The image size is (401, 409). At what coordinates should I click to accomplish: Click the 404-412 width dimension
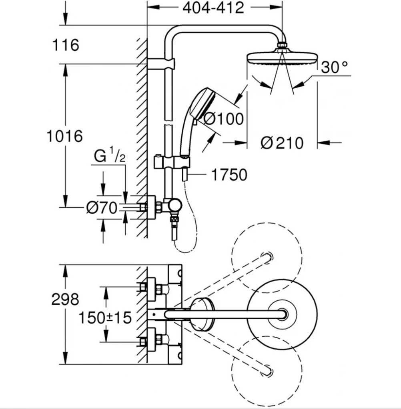pos(213,8)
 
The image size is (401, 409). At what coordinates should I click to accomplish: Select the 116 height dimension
pos(66,45)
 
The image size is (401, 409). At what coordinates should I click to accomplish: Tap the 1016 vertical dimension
pos(64,136)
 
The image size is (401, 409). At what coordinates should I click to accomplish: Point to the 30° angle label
pos(334,67)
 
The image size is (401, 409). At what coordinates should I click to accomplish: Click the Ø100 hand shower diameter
pos(223,119)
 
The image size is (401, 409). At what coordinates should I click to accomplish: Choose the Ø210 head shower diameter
pos(282,143)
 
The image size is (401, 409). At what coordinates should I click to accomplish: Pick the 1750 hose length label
pos(229,175)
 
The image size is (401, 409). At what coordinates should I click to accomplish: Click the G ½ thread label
pos(110,155)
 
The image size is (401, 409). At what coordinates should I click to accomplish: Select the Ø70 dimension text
pos(102,208)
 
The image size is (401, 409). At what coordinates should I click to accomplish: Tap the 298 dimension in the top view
pos(65,299)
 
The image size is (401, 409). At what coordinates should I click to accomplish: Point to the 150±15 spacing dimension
pos(105,318)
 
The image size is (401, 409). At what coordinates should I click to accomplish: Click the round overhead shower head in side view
pos(282,58)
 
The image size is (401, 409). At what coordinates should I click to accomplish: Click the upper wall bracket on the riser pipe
pos(161,64)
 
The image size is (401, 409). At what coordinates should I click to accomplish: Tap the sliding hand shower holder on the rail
pos(171,162)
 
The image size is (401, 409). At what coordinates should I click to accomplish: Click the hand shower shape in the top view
pos(203,314)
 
